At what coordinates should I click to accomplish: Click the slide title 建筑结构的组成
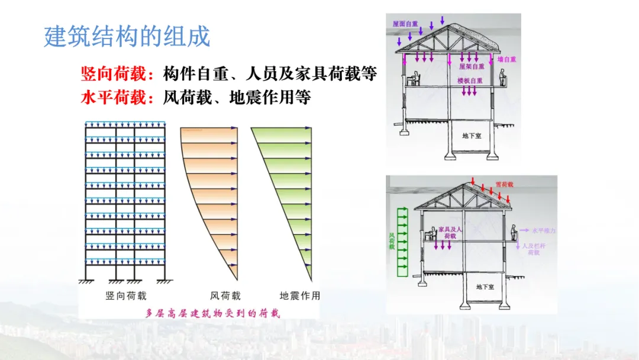click(x=127, y=37)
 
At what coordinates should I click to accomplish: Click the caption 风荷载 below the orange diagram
click(x=225, y=295)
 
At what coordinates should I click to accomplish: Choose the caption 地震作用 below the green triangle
click(x=300, y=295)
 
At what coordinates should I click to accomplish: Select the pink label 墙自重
click(x=508, y=60)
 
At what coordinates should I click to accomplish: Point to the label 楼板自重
click(x=470, y=81)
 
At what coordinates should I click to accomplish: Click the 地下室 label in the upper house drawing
click(x=472, y=136)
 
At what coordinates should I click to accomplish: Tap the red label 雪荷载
click(x=504, y=185)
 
